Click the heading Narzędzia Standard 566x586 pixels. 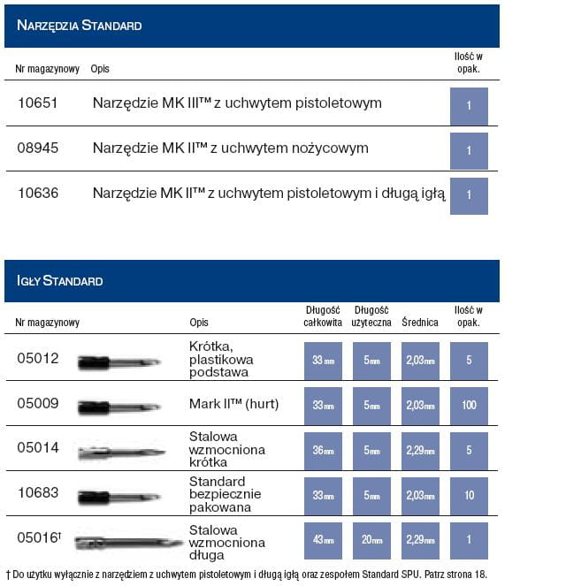tap(80, 26)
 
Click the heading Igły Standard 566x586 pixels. tap(60, 281)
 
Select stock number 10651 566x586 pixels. tap(38, 103)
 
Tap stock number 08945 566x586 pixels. tap(38, 148)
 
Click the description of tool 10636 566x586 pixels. tap(269, 193)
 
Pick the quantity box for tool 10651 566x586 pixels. tap(469, 106)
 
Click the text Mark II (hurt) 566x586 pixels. tap(233, 404)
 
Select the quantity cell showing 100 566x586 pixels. tap(469, 405)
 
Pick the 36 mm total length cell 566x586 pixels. tap(323, 450)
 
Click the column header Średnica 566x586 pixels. tap(419, 323)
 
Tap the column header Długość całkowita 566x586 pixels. tap(323, 316)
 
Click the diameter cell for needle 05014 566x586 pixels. tap(419, 450)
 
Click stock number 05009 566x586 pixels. tap(38, 404)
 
